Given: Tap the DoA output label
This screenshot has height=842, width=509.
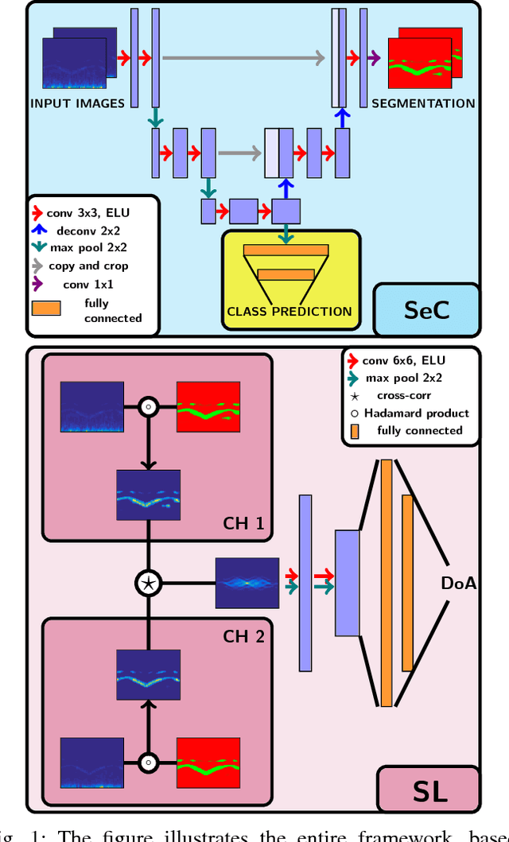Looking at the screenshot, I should pos(459,584).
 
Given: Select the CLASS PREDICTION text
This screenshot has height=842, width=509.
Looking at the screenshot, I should pos(289,312).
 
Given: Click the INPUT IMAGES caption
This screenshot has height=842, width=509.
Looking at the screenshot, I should pos(77,103).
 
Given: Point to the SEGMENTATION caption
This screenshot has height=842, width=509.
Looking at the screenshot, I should pos(423,103).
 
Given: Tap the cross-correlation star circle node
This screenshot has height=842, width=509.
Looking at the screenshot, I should pos(148,583).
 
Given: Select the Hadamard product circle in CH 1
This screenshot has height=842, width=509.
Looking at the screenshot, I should pos(148,407).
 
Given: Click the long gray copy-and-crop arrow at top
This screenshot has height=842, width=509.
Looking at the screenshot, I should pos(243,58).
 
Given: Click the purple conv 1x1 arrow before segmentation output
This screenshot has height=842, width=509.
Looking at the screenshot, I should pos(374,58).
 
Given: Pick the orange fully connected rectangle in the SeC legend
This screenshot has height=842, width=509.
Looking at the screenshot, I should pos(46,308).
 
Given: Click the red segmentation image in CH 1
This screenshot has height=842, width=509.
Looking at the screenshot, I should pos(208,407).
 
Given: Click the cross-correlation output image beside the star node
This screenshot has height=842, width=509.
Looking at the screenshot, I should pos(247,583).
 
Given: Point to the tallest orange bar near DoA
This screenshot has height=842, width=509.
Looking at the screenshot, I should pos(386,583).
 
